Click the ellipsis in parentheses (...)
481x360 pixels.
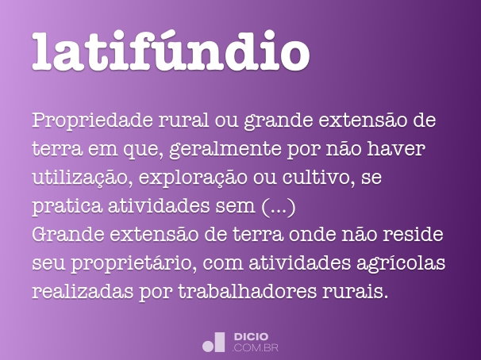coord(278,208)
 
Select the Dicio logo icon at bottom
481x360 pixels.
coord(214,341)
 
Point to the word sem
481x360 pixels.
coord(236,208)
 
